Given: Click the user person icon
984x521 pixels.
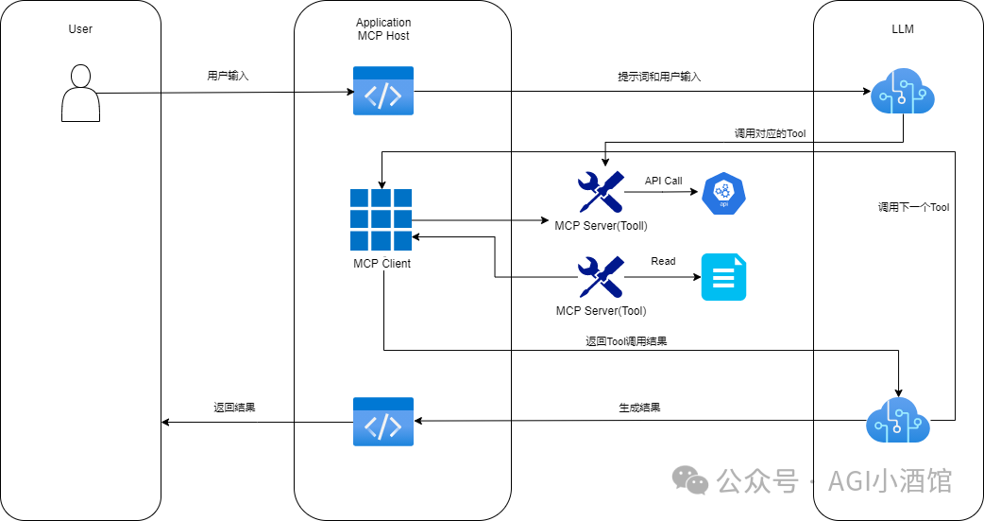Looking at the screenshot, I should [x=80, y=94].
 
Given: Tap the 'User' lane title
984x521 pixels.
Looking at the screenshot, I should [x=80, y=29].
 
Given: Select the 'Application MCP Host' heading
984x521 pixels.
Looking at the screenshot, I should [x=383, y=29].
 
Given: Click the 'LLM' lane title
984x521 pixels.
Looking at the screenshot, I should [x=902, y=29].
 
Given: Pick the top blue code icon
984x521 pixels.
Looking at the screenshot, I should [x=383, y=91].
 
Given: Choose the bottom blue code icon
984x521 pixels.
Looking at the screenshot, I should [x=383, y=422].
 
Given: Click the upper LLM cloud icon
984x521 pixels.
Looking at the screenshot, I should [x=902, y=93].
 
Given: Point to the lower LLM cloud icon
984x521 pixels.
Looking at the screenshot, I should [x=898, y=420].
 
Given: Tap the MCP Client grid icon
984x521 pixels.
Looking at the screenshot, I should [x=382, y=219].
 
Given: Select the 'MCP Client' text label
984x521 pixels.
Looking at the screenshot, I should [x=382, y=264].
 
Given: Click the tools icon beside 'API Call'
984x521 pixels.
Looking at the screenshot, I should [x=601, y=192].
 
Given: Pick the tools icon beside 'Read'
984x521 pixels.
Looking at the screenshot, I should [x=601, y=277].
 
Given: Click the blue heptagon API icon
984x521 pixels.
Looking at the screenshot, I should [x=724, y=193].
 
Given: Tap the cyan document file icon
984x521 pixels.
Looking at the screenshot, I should [x=723, y=278].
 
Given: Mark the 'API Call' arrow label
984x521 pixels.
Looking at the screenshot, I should [x=663, y=181].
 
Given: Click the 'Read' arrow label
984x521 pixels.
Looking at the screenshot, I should [x=663, y=261].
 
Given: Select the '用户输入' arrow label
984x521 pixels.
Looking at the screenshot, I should [x=228, y=76].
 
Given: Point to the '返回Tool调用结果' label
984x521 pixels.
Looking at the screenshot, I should [x=626, y=340].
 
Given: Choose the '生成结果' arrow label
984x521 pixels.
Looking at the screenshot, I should [x=639, y=408].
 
